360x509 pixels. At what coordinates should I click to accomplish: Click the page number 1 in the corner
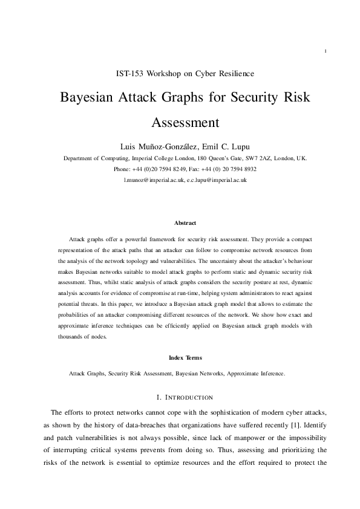click(x=326, y=51)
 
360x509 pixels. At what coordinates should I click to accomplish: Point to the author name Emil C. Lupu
click(x=226, y=146)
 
